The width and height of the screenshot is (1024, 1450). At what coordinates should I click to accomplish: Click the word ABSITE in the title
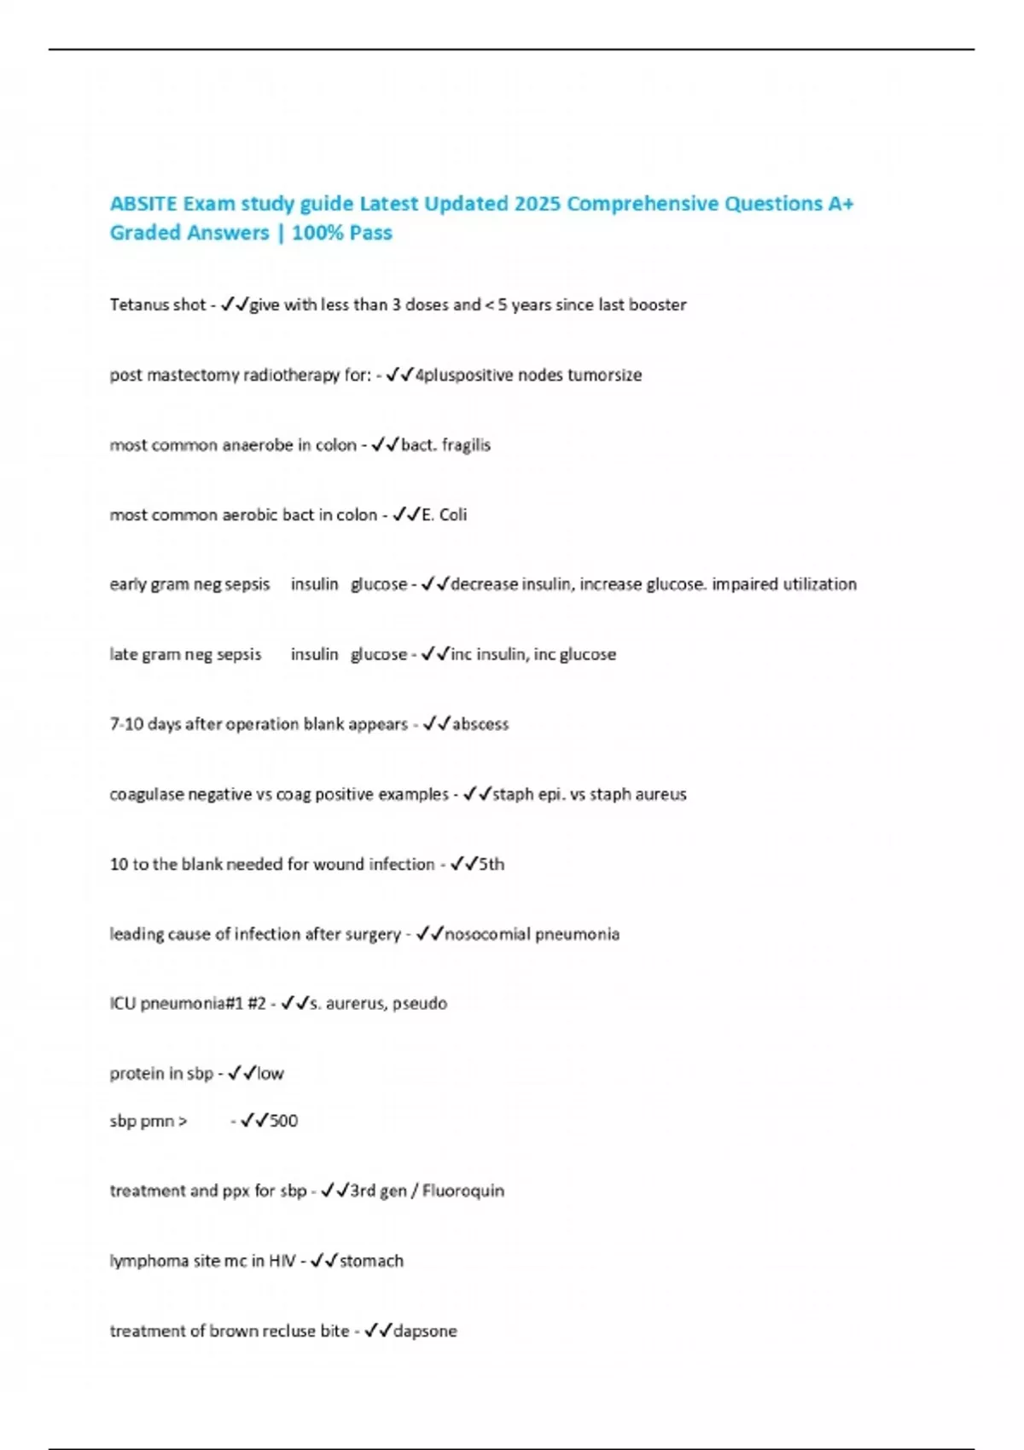144,204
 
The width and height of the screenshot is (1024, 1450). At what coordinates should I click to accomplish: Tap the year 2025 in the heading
537,204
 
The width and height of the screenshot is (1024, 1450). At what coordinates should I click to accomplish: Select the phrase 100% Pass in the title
342,233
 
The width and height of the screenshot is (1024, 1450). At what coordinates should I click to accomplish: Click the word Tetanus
134,304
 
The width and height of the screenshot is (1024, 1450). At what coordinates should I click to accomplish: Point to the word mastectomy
193,375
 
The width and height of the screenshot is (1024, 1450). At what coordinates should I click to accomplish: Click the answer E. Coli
445,515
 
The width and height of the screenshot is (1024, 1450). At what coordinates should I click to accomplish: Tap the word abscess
480,724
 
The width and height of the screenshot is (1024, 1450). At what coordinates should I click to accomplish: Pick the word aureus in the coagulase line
661,794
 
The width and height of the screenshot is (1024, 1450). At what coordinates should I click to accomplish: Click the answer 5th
492,864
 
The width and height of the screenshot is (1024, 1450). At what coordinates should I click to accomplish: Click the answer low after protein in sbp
271,1074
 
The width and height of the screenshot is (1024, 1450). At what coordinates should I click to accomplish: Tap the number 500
283,1121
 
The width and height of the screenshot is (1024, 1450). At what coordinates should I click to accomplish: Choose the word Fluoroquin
463,1191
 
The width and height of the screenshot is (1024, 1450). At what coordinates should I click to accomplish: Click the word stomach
371,1261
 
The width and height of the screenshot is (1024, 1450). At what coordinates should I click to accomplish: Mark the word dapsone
425,1331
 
